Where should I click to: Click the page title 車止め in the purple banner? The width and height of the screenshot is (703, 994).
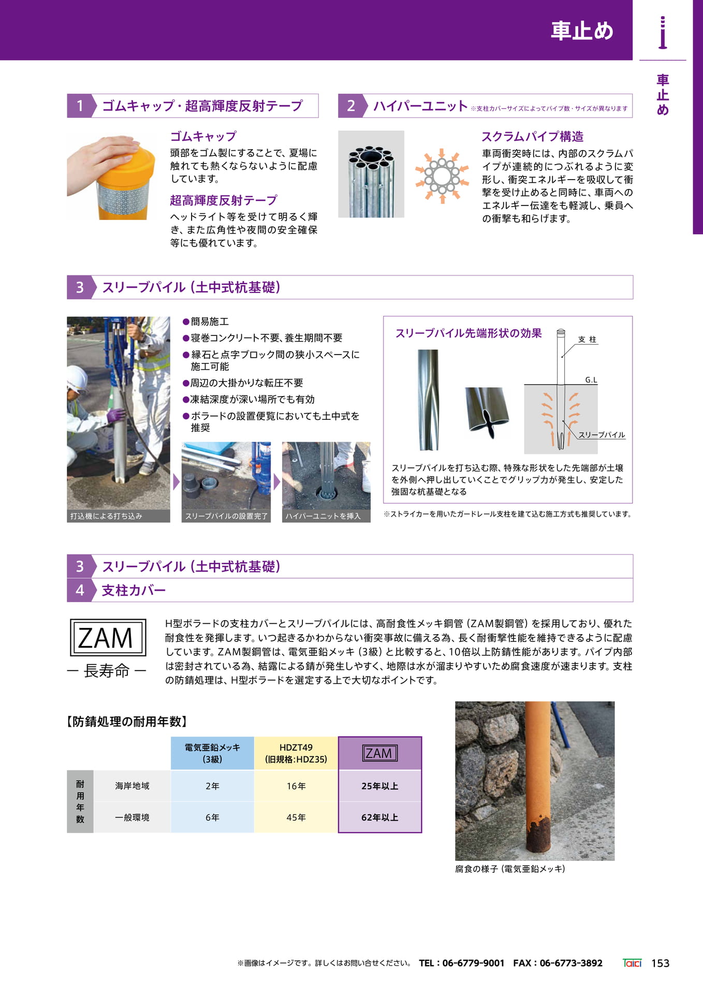582,31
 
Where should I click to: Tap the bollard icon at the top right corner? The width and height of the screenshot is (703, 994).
663,33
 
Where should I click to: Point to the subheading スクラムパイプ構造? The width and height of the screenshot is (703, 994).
532,137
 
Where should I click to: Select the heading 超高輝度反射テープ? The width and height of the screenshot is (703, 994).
224,200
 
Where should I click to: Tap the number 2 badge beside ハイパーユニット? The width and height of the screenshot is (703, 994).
350,106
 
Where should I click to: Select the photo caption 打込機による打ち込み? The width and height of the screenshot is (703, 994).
106,516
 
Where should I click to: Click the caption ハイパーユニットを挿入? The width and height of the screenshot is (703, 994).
323,516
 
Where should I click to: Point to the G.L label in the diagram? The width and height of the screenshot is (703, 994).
591,380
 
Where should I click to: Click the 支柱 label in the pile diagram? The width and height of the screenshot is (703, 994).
587,340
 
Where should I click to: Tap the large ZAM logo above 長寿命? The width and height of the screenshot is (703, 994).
108,637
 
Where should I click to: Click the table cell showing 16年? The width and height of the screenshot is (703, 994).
296,786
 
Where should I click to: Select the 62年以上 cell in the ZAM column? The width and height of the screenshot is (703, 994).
380,817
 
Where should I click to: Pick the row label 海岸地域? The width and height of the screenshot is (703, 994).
133,786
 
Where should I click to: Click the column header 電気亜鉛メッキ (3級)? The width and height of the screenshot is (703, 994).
212,753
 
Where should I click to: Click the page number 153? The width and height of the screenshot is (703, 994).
660,963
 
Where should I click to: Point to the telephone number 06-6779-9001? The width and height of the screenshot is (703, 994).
473,963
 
